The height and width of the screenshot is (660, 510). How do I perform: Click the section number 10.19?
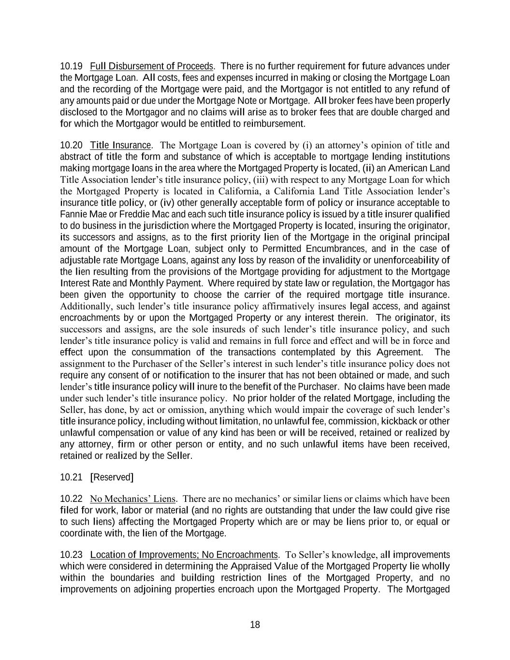[x=71, y=66]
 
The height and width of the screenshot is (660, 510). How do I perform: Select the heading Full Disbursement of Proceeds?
[x=151, y=66]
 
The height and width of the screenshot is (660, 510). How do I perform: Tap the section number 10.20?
[x=71, y=146]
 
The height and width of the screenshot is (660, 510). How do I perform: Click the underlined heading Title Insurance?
[x=121, y=146]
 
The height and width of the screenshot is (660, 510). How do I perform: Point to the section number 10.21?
[x=71, y=478]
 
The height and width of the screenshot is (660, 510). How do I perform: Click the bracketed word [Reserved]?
[x=112, y=478]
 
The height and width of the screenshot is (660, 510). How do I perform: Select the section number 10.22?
[x=71, y=499]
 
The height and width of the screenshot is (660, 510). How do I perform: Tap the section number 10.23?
[x=71, y=555]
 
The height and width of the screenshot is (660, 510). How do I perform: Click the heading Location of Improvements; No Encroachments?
[x=184, y=555]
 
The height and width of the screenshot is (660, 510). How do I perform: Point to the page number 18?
[x=255, y=625]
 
